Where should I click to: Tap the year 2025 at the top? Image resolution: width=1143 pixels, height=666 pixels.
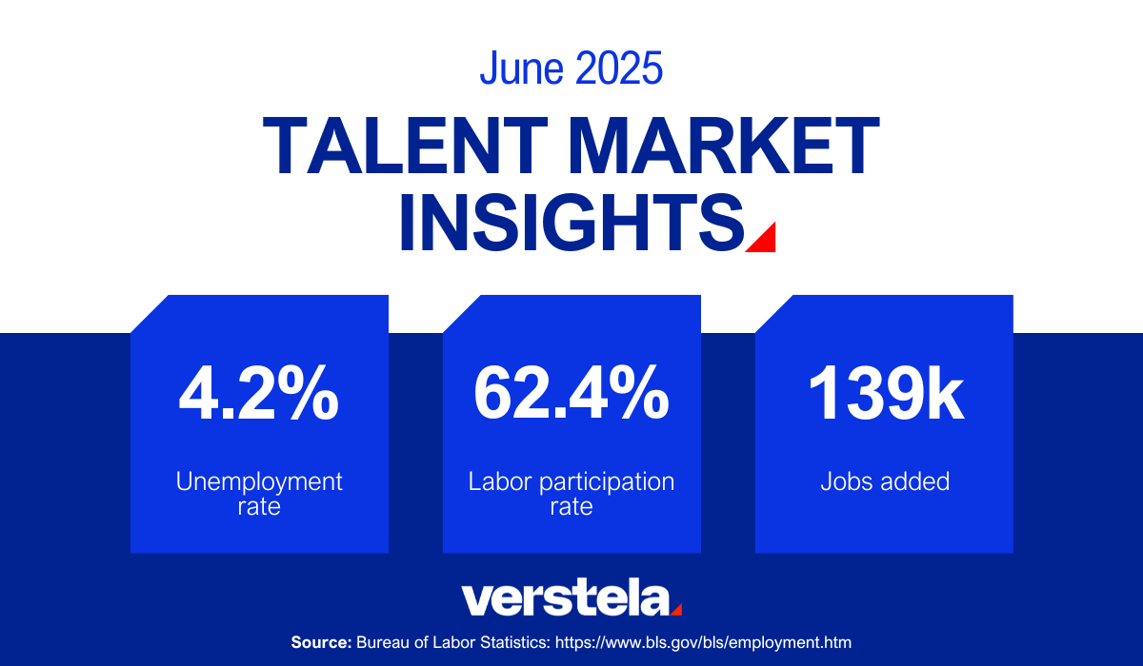point(619,68)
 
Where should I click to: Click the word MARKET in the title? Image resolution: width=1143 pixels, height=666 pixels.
point(724,146)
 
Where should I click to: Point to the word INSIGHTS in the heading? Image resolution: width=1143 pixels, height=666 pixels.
point(571,223)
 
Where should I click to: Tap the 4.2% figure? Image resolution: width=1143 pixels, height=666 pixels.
point(259,393)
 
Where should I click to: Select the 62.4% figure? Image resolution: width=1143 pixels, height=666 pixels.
point(571,393)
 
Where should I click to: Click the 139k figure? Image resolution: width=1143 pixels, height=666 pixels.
point(886,393)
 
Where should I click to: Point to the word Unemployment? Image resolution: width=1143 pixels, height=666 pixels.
point(259,481)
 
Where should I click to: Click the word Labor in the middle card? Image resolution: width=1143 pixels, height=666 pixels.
point(500,481)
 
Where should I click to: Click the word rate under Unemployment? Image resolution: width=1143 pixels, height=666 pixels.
point(259,507)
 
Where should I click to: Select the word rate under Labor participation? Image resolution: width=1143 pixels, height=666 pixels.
point(571,507)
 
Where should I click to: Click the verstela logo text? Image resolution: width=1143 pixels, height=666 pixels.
point(566,597)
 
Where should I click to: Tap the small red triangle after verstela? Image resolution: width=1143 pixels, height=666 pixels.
point(677,611)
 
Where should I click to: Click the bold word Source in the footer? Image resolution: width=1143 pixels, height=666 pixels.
point(322,642)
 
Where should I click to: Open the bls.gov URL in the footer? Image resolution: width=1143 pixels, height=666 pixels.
point(703,642)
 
